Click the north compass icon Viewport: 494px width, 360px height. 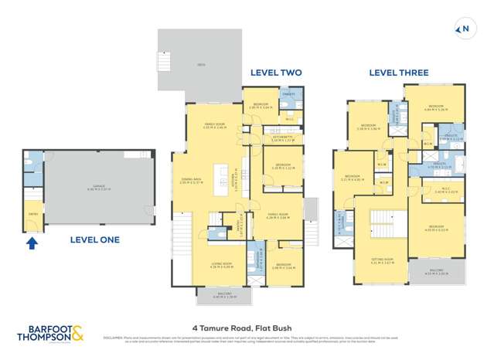coord(465,30)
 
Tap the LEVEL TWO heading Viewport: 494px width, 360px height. coord(275,73)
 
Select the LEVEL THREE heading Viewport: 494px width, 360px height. coord(398,73)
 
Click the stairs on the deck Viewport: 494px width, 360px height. coord(164,61)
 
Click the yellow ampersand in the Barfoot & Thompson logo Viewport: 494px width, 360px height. coord(79,335)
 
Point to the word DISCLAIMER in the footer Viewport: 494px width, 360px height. coord(113,338)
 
